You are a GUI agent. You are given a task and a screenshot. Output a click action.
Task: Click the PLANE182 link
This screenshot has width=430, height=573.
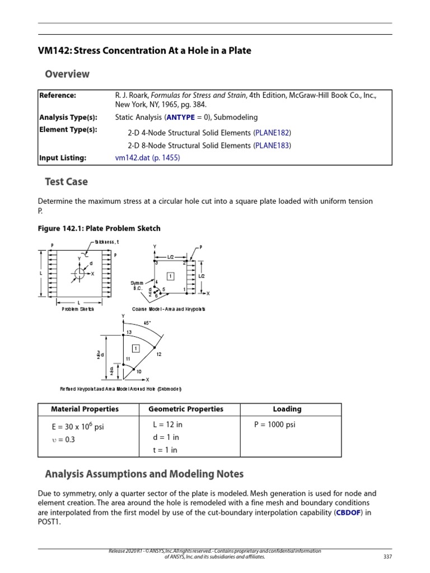click(273, 133)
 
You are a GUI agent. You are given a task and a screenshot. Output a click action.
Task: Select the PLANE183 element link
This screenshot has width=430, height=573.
click(273, 145)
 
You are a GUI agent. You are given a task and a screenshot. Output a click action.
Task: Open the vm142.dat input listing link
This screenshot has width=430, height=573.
click(148, 158)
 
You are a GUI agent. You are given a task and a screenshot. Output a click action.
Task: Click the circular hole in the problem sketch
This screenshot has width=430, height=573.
click(79, 274)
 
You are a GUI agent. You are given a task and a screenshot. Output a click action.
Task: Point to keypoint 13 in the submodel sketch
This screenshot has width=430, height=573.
click(129, 332)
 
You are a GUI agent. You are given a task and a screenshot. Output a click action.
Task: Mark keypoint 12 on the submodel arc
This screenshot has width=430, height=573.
click(159, 354)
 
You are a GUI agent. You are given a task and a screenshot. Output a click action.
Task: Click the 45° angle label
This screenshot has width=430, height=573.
click(148, 322)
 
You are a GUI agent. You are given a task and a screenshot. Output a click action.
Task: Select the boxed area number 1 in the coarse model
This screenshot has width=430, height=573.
click(171, 276)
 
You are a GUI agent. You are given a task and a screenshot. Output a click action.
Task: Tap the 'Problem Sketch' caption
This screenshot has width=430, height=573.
click(78, 309)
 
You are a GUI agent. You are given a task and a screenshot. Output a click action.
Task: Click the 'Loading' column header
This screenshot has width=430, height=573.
click(287, 409)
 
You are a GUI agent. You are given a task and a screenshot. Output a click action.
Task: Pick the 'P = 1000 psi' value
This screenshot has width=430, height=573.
click(275, 425)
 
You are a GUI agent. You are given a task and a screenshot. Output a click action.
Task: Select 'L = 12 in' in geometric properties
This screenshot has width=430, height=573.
click(167, 425)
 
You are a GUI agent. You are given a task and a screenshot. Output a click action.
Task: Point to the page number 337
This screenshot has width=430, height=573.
click(387, 557)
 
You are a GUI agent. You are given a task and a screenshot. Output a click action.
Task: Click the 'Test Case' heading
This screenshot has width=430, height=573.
click(66, 182)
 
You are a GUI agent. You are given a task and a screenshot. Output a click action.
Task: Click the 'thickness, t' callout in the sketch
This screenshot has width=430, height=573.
click(106, 242)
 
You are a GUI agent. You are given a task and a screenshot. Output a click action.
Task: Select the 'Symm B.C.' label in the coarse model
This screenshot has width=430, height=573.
click(137, 286)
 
